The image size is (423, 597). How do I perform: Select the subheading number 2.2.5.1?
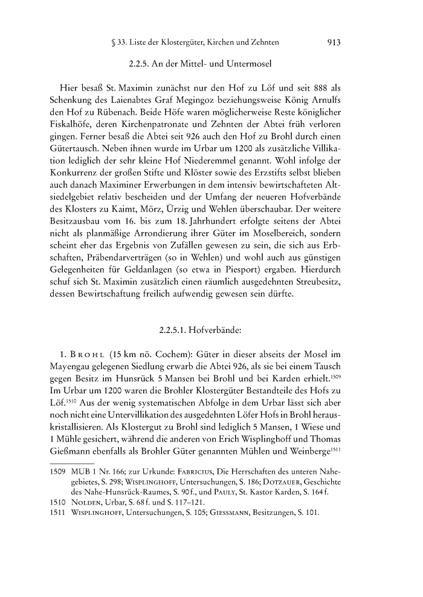[178, 314]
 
